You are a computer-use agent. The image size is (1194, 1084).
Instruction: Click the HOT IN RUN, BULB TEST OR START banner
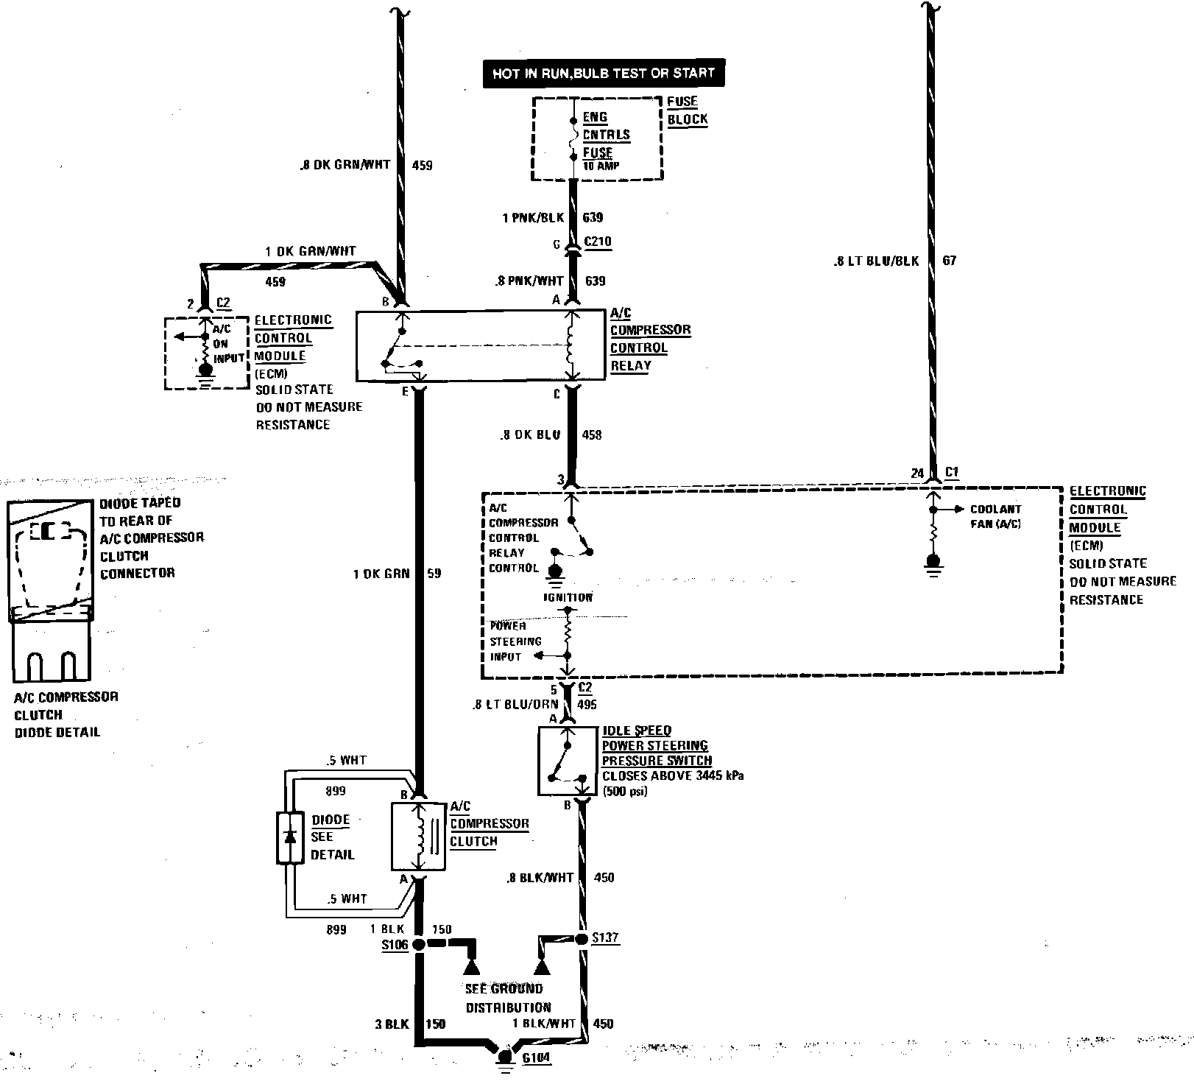pos(603,74)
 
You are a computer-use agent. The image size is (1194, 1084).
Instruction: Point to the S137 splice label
pos(605,938)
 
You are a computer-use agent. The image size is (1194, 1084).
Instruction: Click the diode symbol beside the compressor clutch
pos(290,837)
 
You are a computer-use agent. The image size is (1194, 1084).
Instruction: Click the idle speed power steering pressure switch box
pos(568,761)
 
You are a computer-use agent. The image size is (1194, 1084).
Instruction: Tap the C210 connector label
pos(597,242)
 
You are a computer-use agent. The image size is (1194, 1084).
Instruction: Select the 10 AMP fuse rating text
pos(601,166)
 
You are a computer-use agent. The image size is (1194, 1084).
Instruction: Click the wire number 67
pos(949,261)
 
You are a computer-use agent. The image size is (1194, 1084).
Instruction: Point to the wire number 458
pos(591,434)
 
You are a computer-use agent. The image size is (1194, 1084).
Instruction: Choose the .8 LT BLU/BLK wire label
pos(876,261)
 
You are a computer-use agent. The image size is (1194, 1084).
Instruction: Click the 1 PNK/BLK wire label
pos(533,217)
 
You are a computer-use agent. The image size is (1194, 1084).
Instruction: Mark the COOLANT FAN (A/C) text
pos(995,516)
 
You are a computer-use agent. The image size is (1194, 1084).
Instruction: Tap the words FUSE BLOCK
pos(687,110)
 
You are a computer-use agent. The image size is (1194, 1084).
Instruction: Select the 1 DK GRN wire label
pos(381,573)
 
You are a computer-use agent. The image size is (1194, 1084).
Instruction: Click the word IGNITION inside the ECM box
pos(568,597)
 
